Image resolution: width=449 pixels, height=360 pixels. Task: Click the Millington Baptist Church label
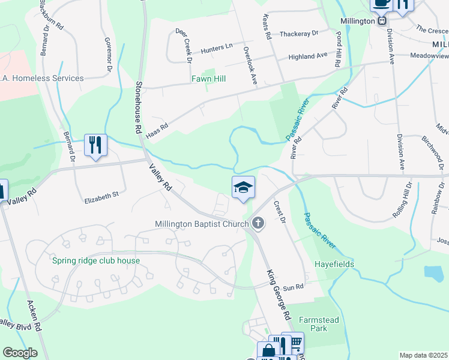point(202,224)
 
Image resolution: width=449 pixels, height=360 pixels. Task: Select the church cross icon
point(258,224)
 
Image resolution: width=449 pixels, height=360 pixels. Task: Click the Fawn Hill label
point(208,79)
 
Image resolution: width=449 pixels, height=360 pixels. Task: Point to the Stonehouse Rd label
point(137,107)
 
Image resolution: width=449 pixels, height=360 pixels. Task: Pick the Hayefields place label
point(334,264)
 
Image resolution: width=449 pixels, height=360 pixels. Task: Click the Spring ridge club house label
point(95,260)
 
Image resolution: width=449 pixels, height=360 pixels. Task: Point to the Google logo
point(19,353)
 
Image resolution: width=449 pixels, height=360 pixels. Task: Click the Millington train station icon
point(381,20)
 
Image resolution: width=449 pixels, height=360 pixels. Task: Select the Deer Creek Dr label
point(182,46)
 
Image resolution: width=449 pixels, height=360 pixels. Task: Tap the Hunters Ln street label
point(217,47)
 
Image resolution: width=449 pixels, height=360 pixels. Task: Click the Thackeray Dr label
point(298,34)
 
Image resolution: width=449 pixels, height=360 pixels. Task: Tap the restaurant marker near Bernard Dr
point(95,145)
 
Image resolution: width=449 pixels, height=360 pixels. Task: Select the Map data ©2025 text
point(423,355)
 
